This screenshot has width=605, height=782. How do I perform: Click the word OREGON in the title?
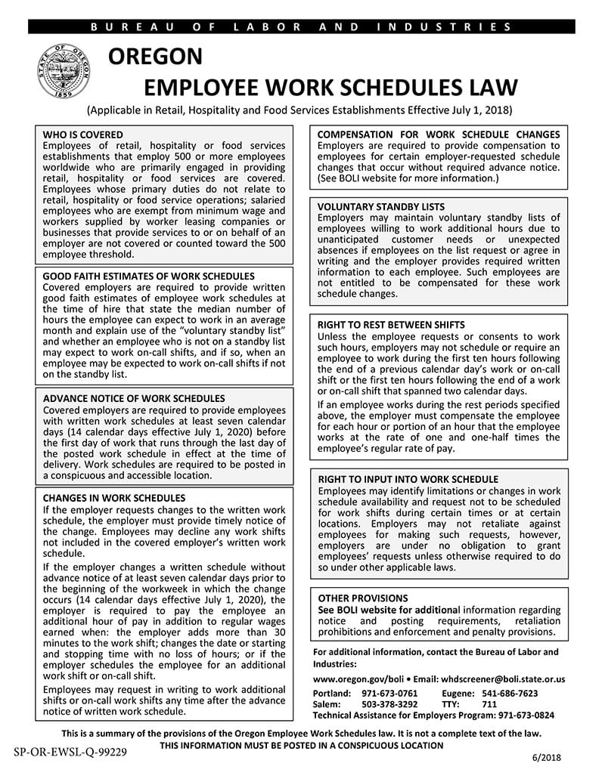[156, 57]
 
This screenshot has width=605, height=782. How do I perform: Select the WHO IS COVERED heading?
[83, 134]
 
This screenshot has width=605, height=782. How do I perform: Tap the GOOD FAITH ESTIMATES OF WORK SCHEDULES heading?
[149, 277]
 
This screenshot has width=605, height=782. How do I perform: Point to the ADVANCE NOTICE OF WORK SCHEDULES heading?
[134, 398]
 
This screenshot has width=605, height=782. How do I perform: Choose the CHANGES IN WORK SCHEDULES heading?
[114, 499]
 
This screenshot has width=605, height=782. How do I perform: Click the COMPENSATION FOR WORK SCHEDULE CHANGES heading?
[439, 134]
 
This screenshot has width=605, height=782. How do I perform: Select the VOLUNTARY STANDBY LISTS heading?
[381, 207]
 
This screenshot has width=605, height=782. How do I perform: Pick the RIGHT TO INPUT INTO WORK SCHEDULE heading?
[408, 479]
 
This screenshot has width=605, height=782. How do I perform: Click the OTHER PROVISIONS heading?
[363, 598]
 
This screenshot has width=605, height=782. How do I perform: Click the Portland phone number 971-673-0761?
[389, 694]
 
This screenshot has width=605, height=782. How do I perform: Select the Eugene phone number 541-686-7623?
[510, 694]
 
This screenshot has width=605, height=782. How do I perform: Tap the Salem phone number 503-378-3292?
[389, 704]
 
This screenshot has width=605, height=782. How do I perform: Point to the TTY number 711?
[489, 704]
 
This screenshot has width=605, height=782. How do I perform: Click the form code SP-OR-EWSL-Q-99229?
[70, 752]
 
